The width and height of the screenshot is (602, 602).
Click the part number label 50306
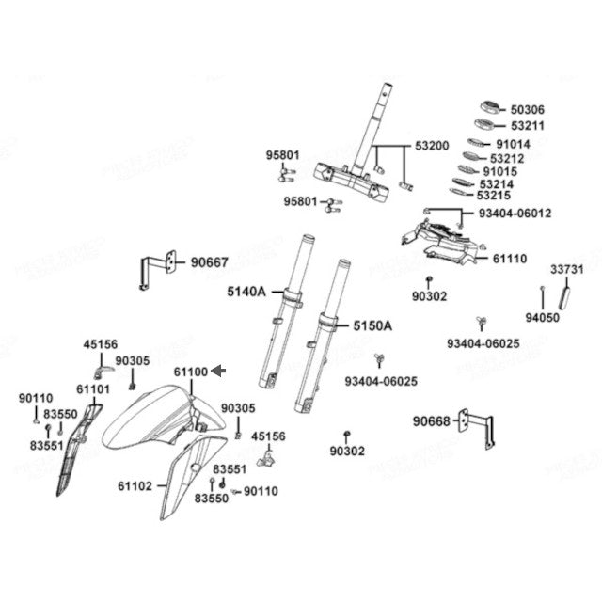(x=527, y=110)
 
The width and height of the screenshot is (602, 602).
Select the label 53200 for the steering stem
(x=432, y=147)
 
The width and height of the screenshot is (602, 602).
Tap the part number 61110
(x=510, y=258)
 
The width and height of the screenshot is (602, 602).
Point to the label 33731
(x=567, y=270)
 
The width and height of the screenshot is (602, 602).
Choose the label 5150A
(x=372, y=326)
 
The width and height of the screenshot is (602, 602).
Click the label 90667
(x=209, y=262)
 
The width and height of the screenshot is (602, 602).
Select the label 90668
(x=432, y=420)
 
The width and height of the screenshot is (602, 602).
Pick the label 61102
(x=135, y=486)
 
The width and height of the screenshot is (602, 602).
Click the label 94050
(x=543, y=318)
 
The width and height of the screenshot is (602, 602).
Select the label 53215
(x=494, y=197)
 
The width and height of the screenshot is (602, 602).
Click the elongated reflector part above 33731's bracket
(x=566, y=298)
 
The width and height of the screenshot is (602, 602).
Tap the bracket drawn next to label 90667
(x=160, y=267)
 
